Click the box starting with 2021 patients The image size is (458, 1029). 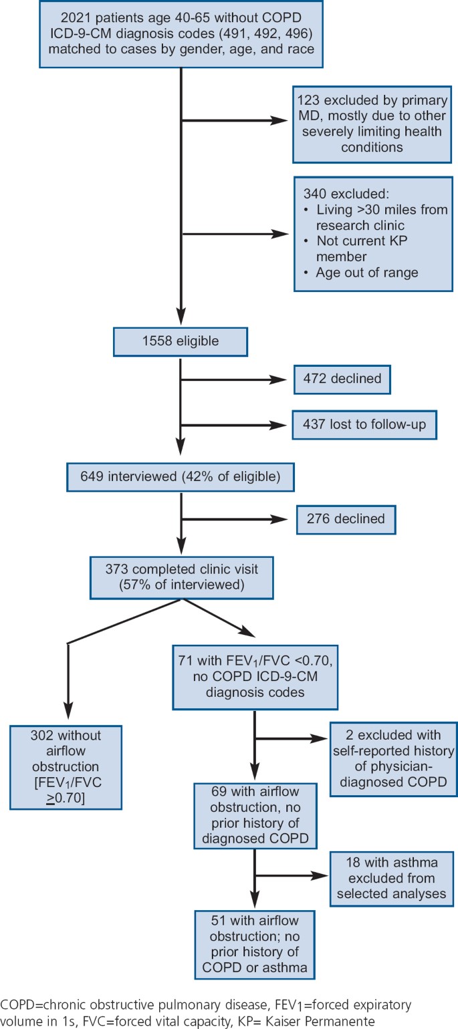click(181, 34)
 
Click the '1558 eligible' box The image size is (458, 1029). click(181, 341)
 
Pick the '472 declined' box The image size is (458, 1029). click(342, 379)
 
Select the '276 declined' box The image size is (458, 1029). click(346, 518)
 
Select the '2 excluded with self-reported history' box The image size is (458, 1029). click(393, 758)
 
